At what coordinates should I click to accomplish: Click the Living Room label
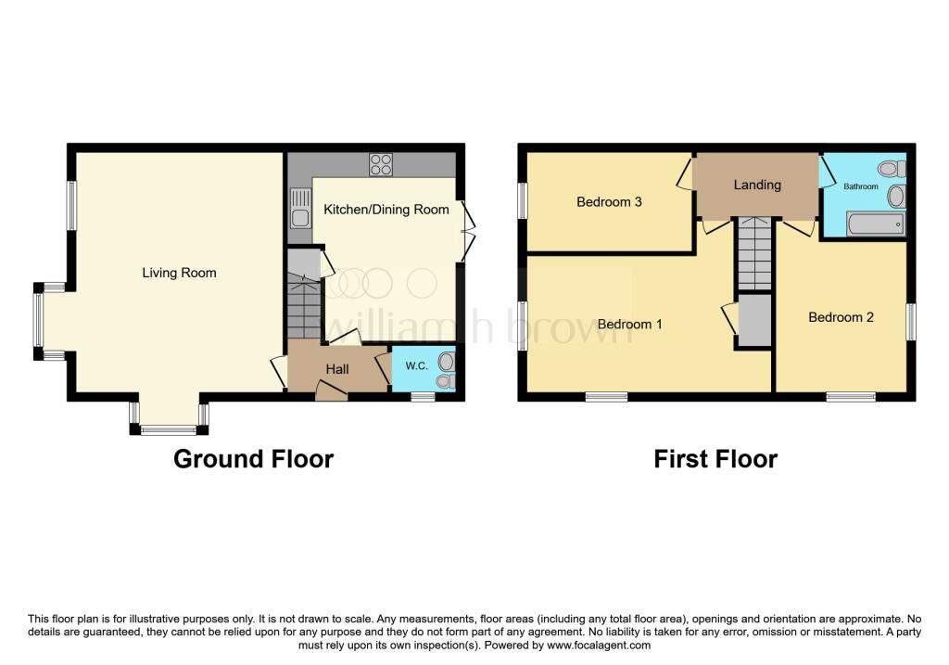[179, 273]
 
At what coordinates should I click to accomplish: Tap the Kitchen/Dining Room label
[386, 210]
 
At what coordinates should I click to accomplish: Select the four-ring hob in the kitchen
[381, 165]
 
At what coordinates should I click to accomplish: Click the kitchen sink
[300, 209]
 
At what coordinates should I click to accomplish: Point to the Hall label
[337, 369]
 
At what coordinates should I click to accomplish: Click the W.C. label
[416, 365]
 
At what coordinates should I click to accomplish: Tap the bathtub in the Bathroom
[876, 224]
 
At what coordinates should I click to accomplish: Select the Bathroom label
[861, 186]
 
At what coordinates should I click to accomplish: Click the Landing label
[757, 185]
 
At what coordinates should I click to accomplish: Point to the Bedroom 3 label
[609, 201]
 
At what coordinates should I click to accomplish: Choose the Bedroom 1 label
[629, 324]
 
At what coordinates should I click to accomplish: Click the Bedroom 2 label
[841, 317]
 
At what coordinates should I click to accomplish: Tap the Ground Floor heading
[254, 459]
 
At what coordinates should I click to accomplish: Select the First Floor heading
[715, 459]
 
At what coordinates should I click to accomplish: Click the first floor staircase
[754, 253]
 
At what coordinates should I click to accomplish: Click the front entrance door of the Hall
[331, 390]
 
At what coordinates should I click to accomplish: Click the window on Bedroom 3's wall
[523, 199]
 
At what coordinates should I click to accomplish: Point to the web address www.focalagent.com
[599, 646]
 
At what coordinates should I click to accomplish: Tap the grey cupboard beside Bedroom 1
[754, 321]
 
